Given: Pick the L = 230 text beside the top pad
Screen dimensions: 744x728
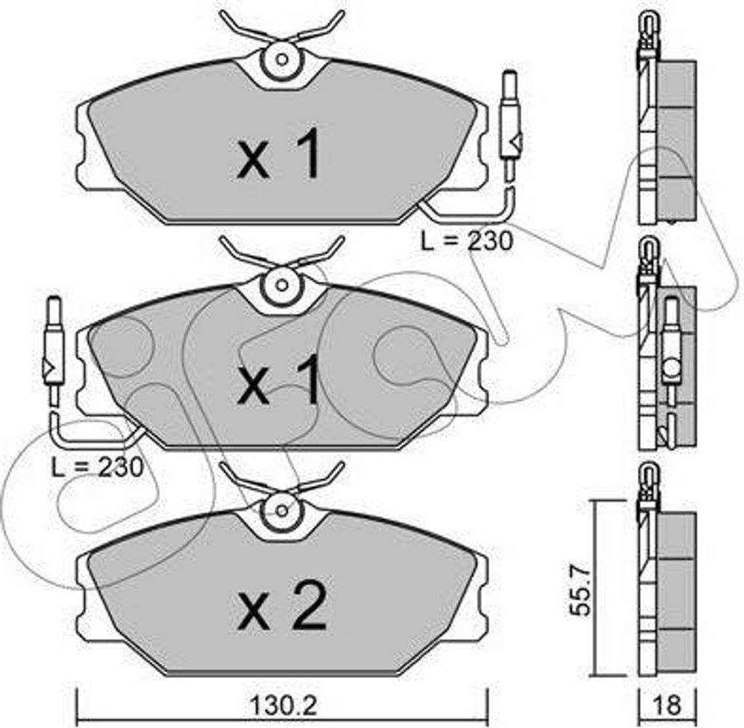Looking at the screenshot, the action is (x=467, y=241).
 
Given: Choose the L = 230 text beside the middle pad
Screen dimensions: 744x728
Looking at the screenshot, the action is (x=97, y=467).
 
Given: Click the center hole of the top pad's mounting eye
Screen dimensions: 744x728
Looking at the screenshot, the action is (x=282, y=60).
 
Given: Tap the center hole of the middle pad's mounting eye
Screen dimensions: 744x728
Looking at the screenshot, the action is (x=282, y=285).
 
